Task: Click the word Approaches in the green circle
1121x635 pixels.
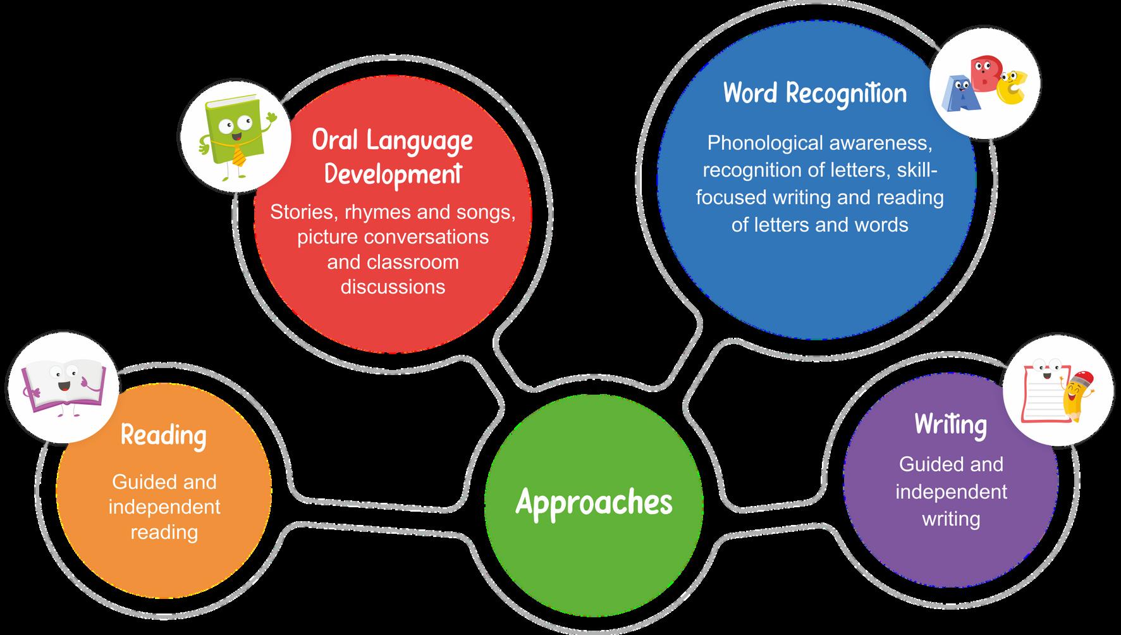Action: (594, 503)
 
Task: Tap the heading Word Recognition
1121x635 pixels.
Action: (815, 94)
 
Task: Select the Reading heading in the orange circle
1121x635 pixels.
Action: (163, 435)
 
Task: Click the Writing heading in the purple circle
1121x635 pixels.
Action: (950, 424)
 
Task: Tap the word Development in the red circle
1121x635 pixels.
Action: (393, 173)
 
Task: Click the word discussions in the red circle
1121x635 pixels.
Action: (393, 287)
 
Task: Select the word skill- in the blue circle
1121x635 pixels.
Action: (917, 170)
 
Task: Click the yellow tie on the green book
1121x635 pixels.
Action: (239, 154)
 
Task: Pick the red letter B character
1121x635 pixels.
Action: (984, 72)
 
